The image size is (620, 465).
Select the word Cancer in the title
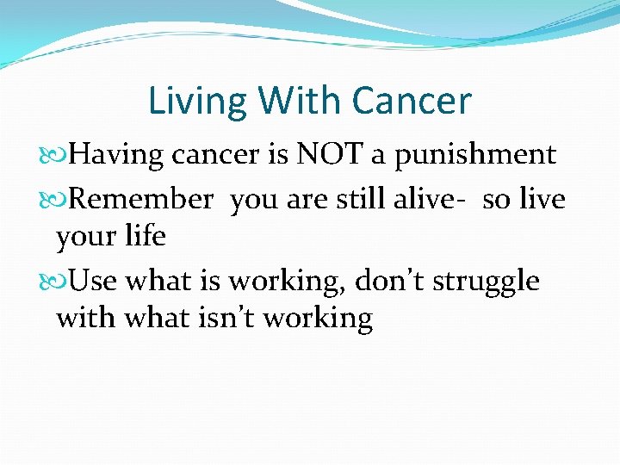pyautogui.click(x=411, y=101)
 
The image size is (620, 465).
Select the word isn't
pyautogui.click(x=226, y=319)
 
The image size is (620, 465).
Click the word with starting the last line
pyautogui.click(x=85, y=319)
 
